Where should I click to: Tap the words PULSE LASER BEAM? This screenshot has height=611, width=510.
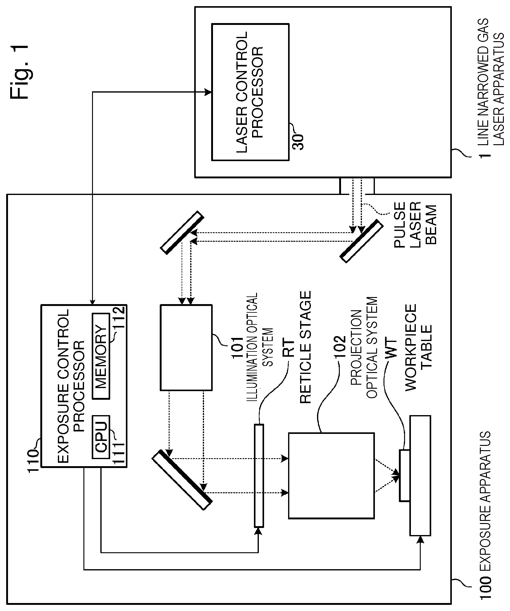415,224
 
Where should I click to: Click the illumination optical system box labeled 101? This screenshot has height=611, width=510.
186,348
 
